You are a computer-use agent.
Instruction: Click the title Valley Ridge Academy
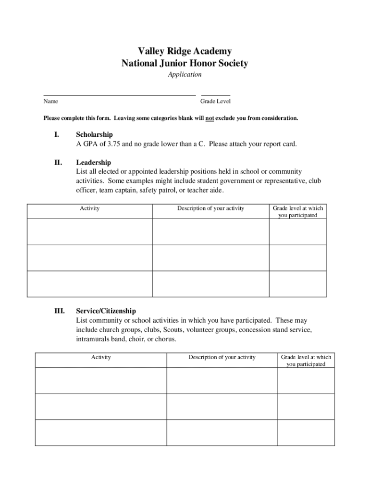tap(185, 51)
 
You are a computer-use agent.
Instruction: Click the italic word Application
tap(185, 75)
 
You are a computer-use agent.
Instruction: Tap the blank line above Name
tap(120, 95)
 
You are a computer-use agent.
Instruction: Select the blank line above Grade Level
tap(215, 95)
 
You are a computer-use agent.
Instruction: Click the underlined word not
tap(210, 118)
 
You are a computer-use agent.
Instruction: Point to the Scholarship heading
tap(94, 135)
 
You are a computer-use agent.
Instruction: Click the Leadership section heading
tap(93, 163)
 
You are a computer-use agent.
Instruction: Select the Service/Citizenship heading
tap(106, 311)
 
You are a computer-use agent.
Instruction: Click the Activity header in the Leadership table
tap(90, 208)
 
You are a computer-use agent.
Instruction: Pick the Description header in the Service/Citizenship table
tap(222, 357)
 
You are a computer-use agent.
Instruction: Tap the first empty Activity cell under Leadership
tap(90, 232)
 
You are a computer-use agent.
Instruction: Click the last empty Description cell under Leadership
tap(210, 284)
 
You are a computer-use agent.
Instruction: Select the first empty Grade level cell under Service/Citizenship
tap(306, 381)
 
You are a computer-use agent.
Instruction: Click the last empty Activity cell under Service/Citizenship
tap(101, 432)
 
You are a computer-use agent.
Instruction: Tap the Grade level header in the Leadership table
tap(298, 212)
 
